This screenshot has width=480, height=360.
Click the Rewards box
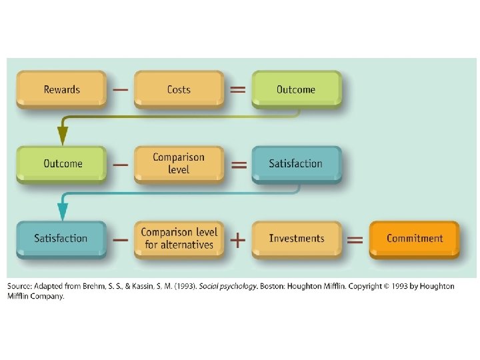(x=61, y=89)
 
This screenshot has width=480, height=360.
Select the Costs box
(x=179, y=89)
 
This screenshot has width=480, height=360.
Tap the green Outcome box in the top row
(x=296, y=89)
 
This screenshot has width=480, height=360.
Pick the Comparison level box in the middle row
(x=179, y=163)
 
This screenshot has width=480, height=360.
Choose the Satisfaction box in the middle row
(x=296, y=163)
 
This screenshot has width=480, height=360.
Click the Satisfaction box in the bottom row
(x=61, y=238)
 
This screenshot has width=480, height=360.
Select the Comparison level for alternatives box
(x=179, y=238)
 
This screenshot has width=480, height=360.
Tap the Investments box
(x=296, y=238)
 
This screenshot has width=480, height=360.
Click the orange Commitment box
(x=414, y=238)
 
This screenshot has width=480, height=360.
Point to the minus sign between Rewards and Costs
(x=120, y=89)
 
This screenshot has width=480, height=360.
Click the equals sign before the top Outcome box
(x=237, y=89)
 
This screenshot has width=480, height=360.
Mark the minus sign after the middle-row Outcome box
(x=120, y=164)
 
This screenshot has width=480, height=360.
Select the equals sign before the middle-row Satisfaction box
(x=237, y=164)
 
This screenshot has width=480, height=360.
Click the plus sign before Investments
(x=237, y=239)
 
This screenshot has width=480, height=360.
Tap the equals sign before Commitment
(x=355, y=239)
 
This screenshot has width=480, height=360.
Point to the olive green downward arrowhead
(x=63, y=136)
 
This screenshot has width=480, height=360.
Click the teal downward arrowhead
(x=63, y=211)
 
